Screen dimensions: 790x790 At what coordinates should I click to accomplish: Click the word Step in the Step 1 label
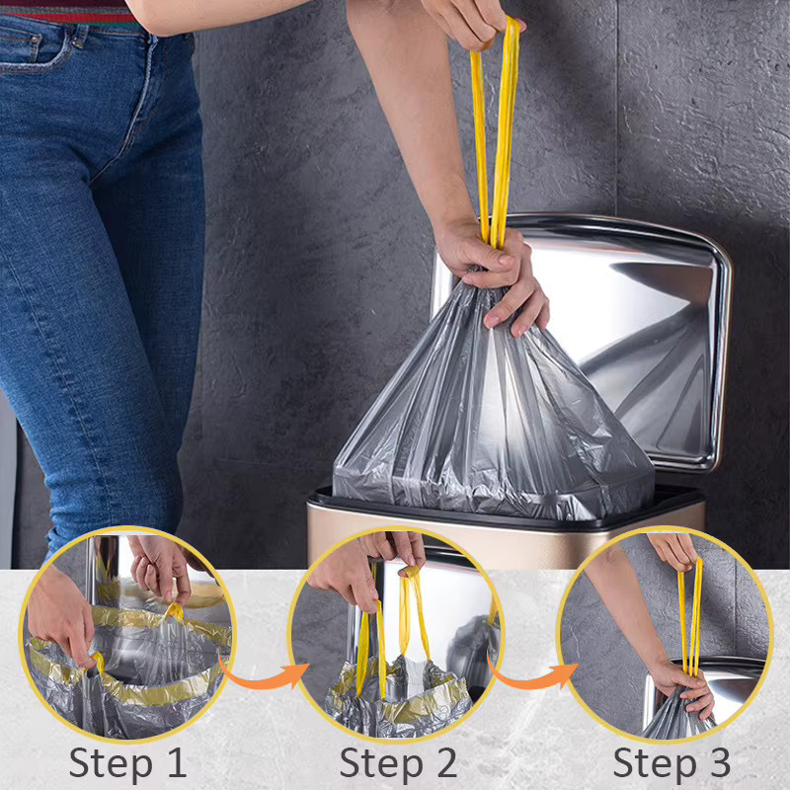111,762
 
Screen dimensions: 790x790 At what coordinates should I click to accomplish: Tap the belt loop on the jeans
79,37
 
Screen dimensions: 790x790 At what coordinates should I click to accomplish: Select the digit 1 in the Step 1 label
176,762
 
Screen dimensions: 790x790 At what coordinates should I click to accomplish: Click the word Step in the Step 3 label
655,762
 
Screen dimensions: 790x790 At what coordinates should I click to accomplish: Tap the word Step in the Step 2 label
381,762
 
